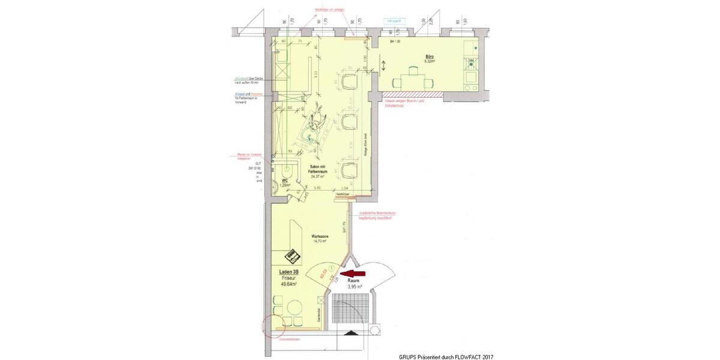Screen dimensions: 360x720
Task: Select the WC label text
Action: pyautogui.click(x=286, y=179)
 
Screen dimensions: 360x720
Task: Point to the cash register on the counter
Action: pyautogui.click(x=292, y=256)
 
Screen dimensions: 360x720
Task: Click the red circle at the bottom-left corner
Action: pyautogui.click(x=271, y=326)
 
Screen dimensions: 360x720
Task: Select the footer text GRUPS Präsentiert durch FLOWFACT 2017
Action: pyautogui.click(x=446, y=356)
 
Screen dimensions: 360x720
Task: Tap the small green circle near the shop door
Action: pyautogui.click(x=331, y=266)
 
